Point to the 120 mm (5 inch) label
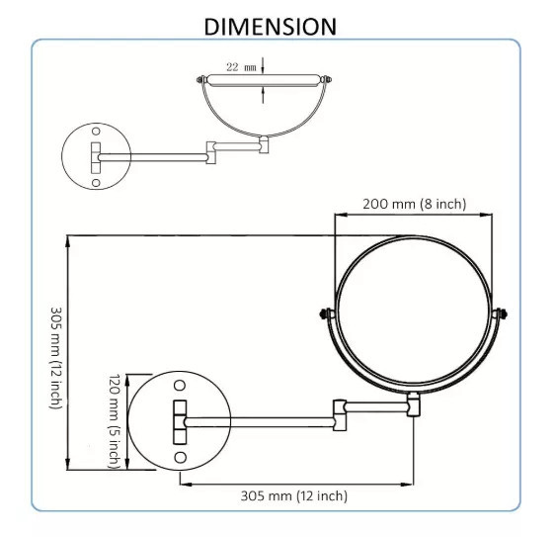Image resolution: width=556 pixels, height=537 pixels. (114, 419)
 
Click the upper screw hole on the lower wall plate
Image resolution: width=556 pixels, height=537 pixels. (181, 385)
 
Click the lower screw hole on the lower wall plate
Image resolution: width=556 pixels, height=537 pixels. (181, 457)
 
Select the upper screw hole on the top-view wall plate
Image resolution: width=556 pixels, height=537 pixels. (97, 131)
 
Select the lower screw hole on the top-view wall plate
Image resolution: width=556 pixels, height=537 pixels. (97, 181)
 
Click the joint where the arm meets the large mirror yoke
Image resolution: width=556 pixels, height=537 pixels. (413, 403)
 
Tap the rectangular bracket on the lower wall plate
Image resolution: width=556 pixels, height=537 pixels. (181, 421)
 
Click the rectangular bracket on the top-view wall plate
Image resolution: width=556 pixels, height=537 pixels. (97, 155)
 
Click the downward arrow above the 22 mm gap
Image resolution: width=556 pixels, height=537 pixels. (264, 68)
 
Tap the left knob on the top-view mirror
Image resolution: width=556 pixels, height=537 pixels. (202, 80)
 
